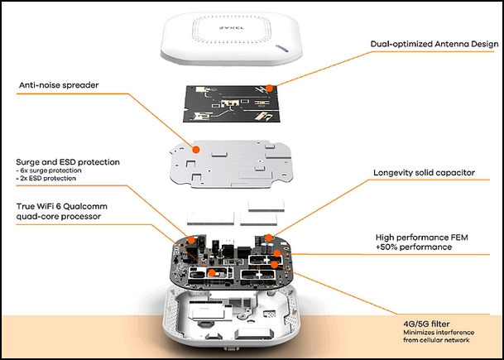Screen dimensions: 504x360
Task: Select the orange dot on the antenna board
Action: point(270,88)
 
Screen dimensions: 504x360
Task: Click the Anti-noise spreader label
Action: point(59,85)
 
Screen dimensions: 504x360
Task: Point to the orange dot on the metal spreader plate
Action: point(195,150)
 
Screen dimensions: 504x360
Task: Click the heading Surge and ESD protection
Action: point(68,162)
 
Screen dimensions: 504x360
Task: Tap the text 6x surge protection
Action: point(50,170)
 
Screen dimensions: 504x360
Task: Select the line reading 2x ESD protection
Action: point(47,178)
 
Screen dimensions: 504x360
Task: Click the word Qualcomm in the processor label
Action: point(88,206)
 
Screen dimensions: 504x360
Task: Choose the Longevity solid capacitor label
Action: point(424,173)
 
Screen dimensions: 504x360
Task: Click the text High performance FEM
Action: point(422,238)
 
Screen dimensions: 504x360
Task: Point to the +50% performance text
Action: point(414,247)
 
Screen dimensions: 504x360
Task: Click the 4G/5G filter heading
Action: point(423,324)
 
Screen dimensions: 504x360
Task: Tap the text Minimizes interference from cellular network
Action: point(439,336)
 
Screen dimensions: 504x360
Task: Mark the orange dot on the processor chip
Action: point(212,273)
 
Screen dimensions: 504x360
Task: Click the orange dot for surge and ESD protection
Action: point(191,239)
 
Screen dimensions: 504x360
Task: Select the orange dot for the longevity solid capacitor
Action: point(268,238)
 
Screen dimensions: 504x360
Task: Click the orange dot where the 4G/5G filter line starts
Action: point(274,265)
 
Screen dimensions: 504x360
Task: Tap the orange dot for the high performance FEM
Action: point(276,253)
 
